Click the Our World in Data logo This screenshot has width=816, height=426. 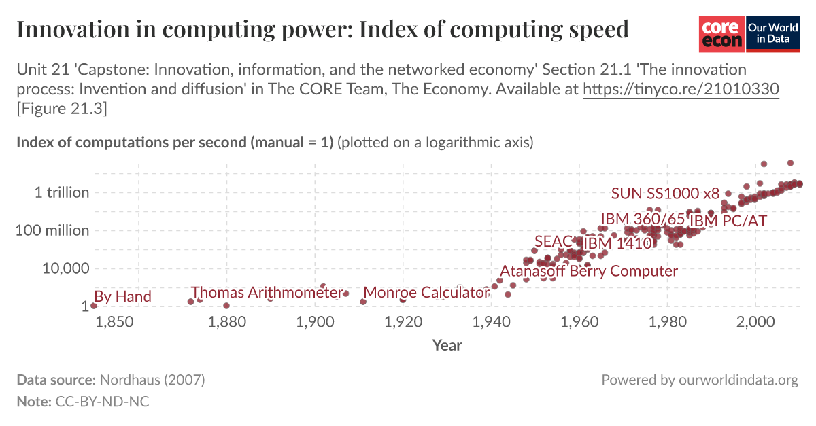772,33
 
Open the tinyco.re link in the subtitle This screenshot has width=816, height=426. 681,89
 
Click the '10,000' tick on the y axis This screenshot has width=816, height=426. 67,268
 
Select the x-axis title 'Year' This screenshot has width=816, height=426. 447,345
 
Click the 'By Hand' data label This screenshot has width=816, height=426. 123,297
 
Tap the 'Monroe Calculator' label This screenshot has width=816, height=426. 426,293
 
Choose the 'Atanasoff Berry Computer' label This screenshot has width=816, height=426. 589,271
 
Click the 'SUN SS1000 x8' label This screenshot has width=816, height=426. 665,193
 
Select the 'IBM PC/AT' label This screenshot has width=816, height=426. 728,221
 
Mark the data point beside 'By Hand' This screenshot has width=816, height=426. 94,306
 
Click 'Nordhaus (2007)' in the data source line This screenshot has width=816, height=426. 152,380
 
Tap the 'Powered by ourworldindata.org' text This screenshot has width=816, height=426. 700,380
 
